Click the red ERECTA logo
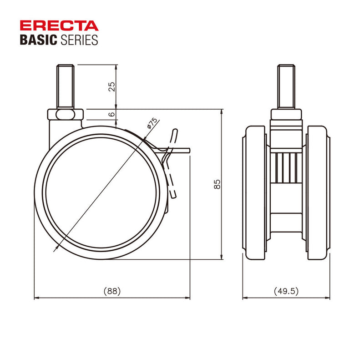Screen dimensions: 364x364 tap(59, 25)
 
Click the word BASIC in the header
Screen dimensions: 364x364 tap(38, 40)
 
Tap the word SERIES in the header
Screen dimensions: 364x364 tap(78, 40)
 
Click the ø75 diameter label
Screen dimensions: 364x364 tap(152, 123)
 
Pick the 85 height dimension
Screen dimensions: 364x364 tap(217, 184)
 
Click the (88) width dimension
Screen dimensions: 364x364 tap(112, 291)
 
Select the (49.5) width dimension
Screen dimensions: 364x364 tap(286, 291)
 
